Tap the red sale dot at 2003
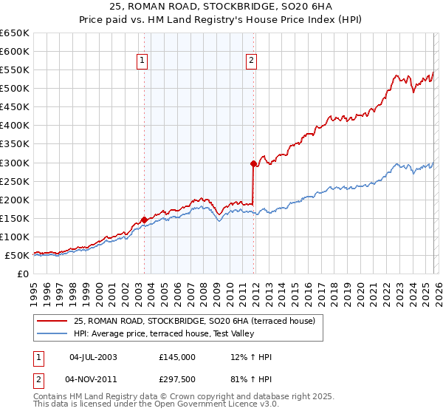pos(144,220)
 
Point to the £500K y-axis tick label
pos(15,89)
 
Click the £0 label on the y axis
pos(23,274)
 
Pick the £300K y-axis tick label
pos(15,163)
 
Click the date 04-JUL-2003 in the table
pos(92,357)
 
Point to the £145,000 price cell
pos(176,357)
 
